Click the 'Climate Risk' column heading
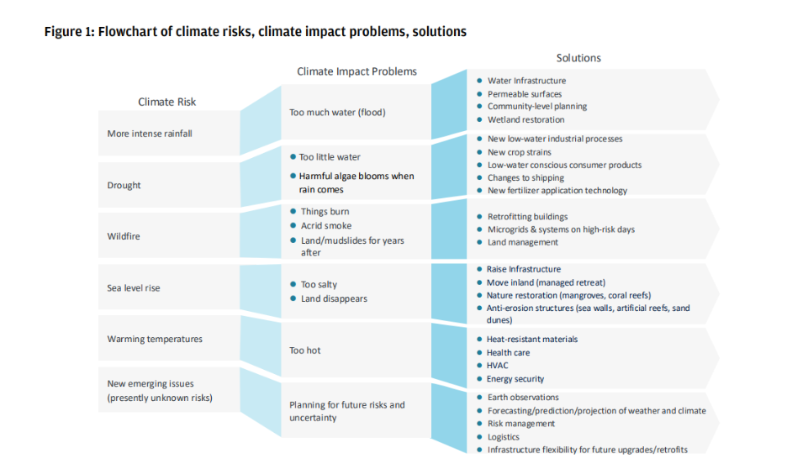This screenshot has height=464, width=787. (166, 102)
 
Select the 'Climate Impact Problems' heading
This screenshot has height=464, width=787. (357, 71)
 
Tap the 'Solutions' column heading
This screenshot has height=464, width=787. (578, 58)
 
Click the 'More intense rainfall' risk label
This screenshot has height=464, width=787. (150, 134)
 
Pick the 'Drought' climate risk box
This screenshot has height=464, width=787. (124, 185)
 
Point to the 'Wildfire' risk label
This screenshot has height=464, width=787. (124, 236)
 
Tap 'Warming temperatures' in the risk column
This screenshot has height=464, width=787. (155, 339)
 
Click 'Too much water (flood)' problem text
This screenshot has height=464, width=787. (337, 112)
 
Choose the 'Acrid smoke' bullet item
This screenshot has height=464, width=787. (326, 226)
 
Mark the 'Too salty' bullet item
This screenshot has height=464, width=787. (319, 285)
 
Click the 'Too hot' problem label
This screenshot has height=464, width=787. (304, 350)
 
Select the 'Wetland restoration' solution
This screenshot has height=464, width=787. (526, 119)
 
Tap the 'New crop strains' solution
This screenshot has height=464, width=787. (519, 152)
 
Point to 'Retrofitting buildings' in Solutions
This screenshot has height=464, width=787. (527, 217)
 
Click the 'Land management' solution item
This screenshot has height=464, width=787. (522, 242)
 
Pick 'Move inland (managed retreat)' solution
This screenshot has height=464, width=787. (546, 282)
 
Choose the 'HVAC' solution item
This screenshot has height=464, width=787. (498, 366)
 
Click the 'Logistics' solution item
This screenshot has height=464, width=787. (504, 437)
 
